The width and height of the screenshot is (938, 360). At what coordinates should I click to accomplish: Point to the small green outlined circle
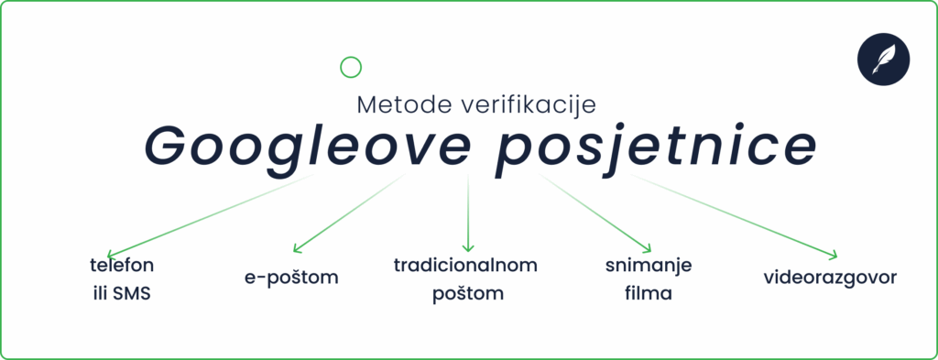pyautogui.click(x=350, y=67)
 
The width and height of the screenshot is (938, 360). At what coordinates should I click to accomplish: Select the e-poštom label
pyautogui.click(x=291, y=278)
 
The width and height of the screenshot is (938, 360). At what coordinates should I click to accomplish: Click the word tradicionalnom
pyautogui.click(x=465, y=266)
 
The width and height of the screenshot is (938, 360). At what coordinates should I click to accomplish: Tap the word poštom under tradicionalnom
pyautogui.click(x=466, y=294)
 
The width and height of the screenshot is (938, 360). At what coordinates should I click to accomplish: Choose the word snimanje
pyautogui.click(x=648, y=267)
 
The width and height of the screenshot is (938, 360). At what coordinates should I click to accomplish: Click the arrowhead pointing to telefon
pyautogui.click(x=111, y=254)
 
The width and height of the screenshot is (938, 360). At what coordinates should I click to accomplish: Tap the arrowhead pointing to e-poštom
pyautogui.click(x=295, y=248)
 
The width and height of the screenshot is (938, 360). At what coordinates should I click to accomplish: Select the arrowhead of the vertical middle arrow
pyautogui.click(x=468, y=247)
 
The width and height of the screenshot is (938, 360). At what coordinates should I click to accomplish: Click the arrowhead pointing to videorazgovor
pyautogui.click(x=833, y=256)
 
